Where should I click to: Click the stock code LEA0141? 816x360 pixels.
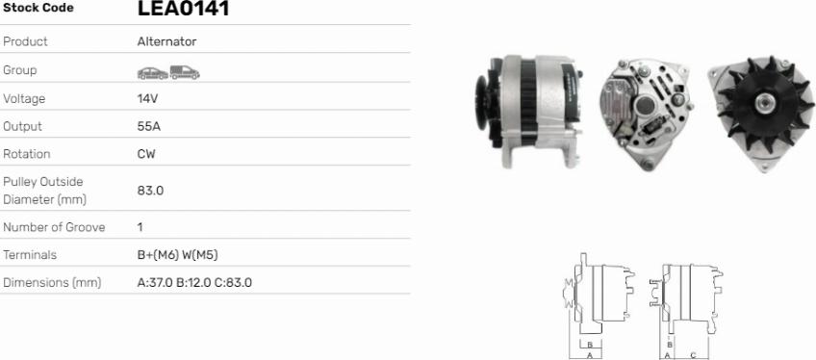(183, 8)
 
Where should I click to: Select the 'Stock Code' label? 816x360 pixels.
(38, 8)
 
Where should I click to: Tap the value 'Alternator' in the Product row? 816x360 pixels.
(167, 41)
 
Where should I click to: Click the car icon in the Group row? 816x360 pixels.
(152, 73)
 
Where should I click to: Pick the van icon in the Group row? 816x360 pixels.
(185, 72)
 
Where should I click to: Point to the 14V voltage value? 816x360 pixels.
(148, 98)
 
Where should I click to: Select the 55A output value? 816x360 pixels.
(149, 126)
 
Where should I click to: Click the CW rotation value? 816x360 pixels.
(146, 154)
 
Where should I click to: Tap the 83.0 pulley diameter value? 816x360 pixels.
(150, 191)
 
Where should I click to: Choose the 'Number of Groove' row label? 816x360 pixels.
(54, 227)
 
